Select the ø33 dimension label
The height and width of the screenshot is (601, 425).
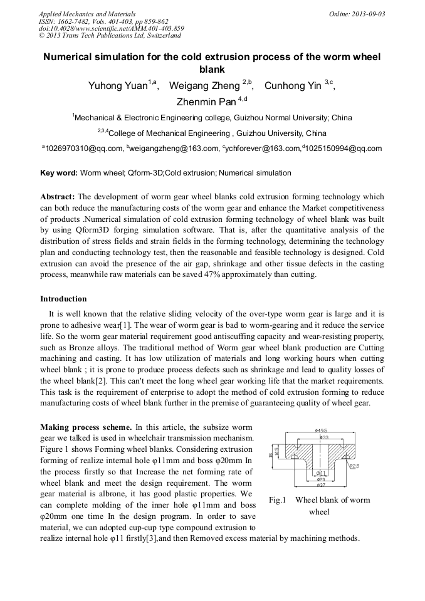(325, 437)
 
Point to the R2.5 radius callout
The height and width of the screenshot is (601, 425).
(354, 466)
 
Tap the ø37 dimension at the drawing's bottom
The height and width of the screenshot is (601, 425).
(320, 484)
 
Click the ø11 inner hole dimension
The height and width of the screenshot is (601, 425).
(320, 473)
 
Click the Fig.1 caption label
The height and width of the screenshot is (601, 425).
(277, 499)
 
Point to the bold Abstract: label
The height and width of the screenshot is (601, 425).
(58, 196)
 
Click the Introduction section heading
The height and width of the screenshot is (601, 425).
(63, 298)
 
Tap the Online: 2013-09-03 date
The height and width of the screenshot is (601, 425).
(357, 13)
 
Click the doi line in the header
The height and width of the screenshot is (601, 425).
(112, 28)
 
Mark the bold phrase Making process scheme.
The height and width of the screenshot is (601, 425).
(86, 426)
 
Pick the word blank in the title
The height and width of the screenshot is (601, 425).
(212, 69)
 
